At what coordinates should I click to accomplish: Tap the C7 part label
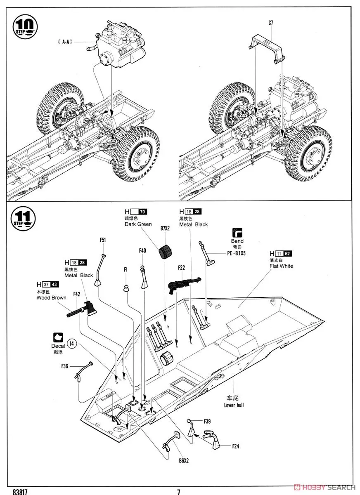pos(270,23)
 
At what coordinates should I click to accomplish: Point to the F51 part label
pos(103,240)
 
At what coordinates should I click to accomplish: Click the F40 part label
pos(142,250)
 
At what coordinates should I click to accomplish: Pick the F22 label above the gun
pos(182,268)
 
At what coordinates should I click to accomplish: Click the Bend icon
pos(237,232)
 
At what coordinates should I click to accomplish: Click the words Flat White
pos(281,266)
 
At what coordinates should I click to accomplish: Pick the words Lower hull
pos(234,405)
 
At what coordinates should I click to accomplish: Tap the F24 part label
pos(236,445)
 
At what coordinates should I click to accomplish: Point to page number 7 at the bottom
pos(179,492)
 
